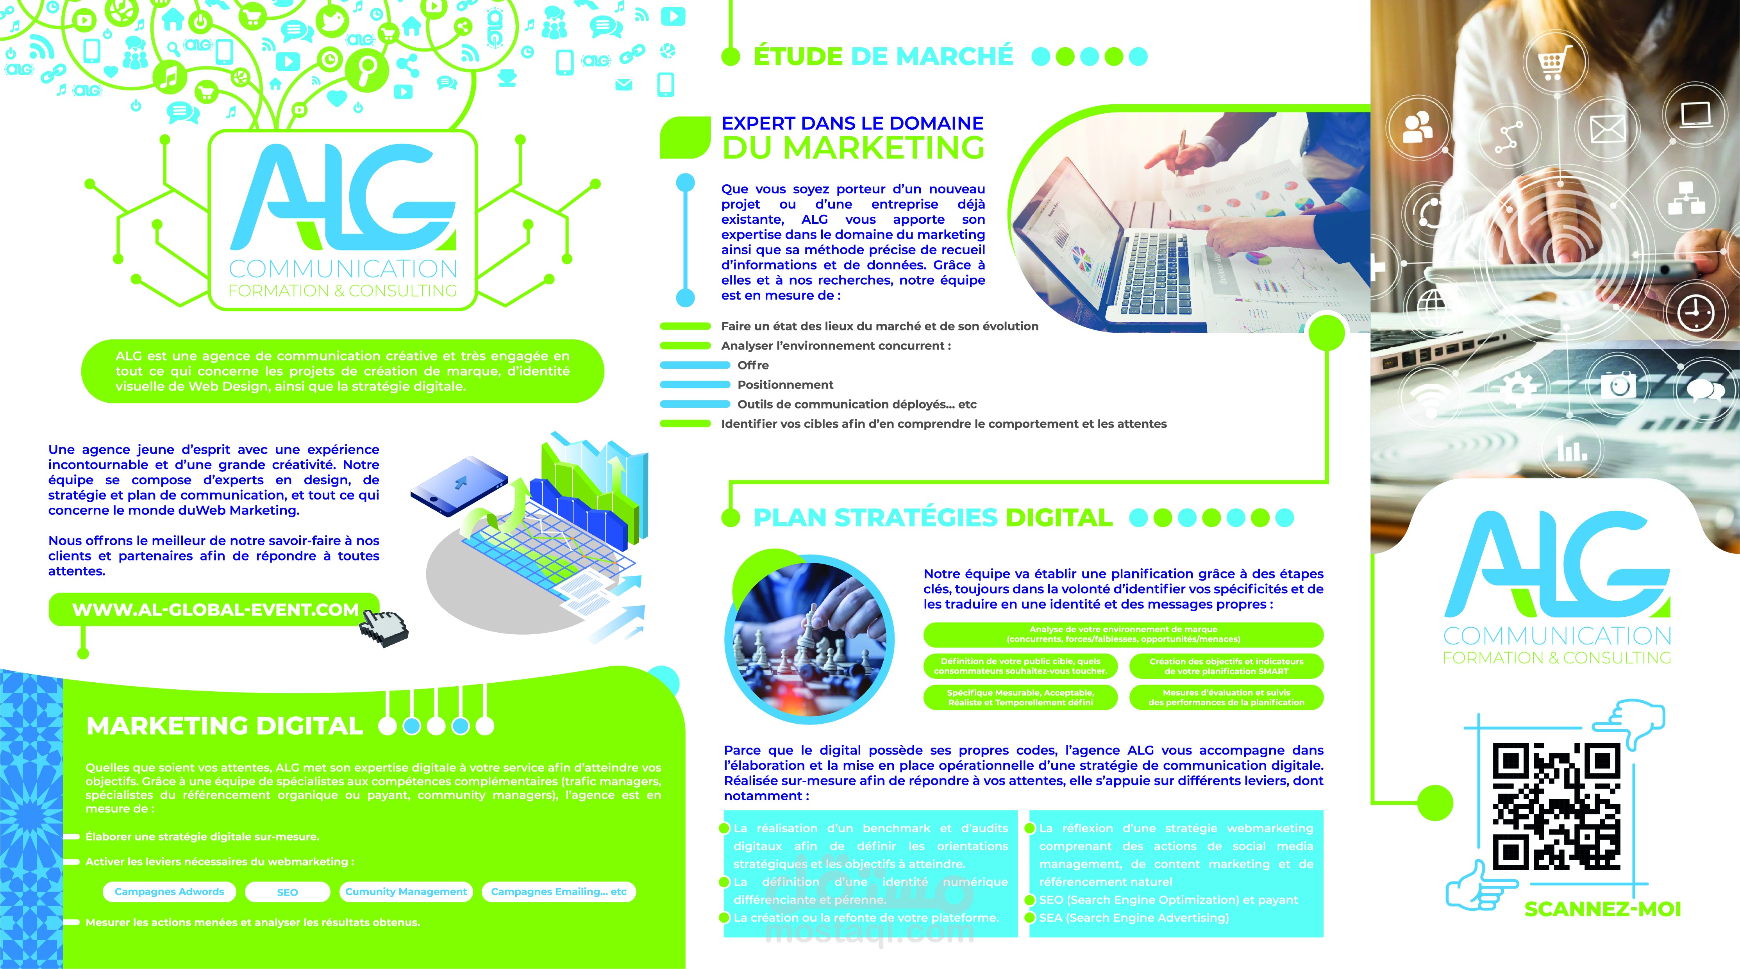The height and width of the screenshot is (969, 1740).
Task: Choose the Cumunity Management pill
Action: [406, 891]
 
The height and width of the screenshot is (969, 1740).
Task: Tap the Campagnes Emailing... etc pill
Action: [559, 891]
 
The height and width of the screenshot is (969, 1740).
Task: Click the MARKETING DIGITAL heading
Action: [225, 726]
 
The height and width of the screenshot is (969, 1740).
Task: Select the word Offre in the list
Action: [753, 365]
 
